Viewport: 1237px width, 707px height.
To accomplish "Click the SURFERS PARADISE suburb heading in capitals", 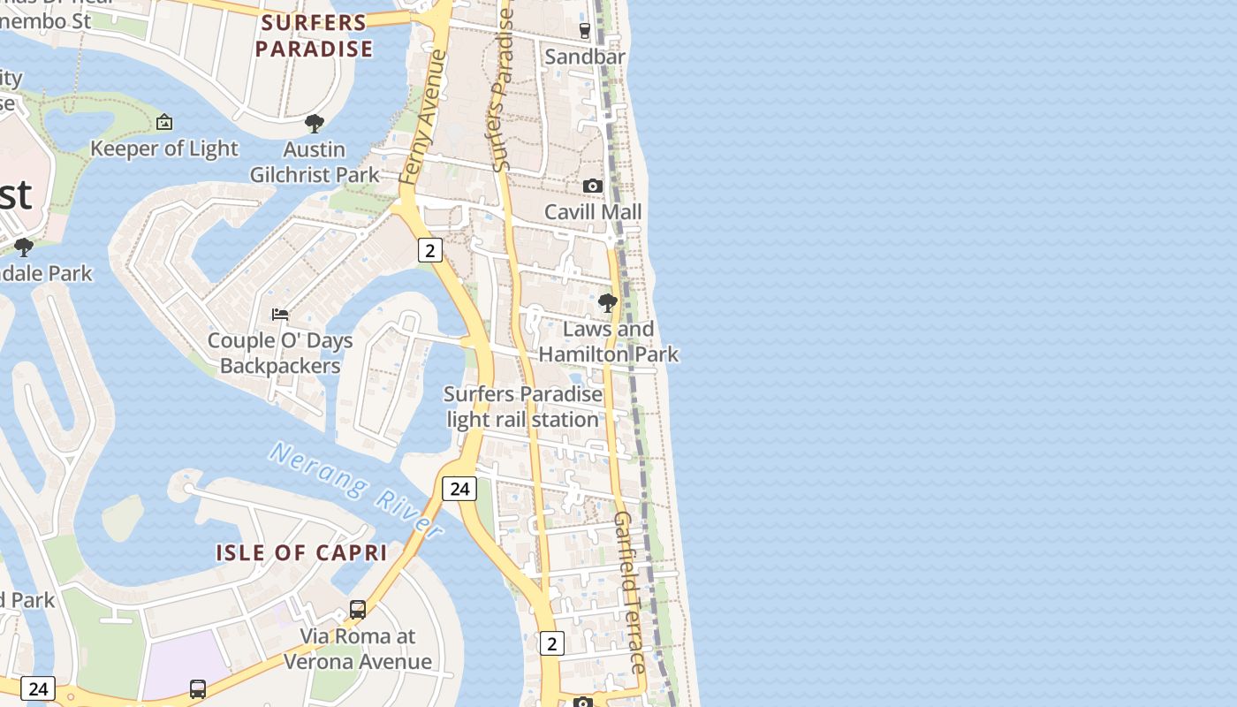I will [x=314, y=36].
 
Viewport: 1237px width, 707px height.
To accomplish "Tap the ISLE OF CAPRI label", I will [x=301, y=553].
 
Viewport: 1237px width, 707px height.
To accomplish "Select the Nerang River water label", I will [x=356, y=490].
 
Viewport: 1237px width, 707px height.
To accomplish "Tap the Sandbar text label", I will [x=585, y=57].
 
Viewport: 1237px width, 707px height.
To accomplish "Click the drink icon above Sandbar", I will [x=584, y=31].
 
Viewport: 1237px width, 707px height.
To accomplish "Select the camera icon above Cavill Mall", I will [x=593, y=186].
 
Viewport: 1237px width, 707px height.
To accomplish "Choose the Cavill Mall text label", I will [x=593, y=212].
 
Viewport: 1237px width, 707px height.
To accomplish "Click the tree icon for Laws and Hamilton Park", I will [x=608, y=303].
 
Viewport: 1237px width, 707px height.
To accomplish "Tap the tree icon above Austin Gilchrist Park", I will [x=314, y=124].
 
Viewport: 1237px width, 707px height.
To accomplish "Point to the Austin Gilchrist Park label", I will [x=315, y=163].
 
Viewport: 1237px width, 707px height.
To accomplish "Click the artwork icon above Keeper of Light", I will [x=164, y=122].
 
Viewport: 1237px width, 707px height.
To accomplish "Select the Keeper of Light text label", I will [x=164, y=148].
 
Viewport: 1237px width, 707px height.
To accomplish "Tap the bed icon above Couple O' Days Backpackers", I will [x=280, y=315].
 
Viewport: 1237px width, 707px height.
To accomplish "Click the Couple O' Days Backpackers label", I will [x=280, y=353].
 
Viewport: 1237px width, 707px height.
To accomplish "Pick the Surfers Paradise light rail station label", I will [x=523, y=407].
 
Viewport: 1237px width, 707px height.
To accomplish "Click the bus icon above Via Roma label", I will [x=358, y=610].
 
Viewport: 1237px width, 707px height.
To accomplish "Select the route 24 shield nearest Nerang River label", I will [x=459, y=489].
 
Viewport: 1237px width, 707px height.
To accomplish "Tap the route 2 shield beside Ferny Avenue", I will [x=429, y=250].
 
